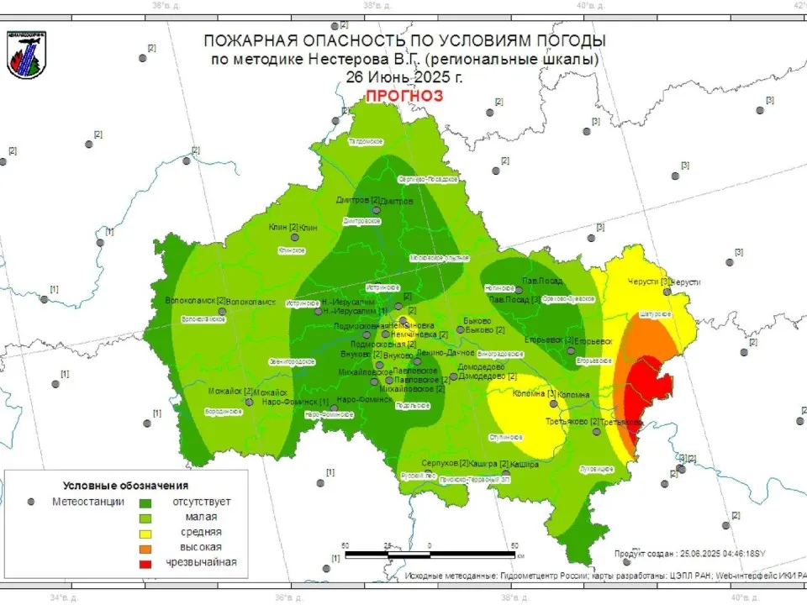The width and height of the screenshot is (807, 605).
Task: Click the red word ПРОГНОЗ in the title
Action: click(403, 96)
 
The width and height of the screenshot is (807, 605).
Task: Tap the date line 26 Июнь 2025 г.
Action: click(403, 76)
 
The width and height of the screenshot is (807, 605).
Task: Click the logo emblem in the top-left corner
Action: click(27, 55)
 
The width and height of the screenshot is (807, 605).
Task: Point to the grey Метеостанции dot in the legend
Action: click(31, 502)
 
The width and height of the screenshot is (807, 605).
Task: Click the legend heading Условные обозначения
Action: click(125, 486)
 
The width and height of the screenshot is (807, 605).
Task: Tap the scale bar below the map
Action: click(430, 555)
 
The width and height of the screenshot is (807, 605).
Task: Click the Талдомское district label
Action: click(366, 141)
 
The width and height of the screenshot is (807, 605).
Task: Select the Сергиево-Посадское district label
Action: click(427, 179)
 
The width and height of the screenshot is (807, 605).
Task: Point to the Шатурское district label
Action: click(656, 314)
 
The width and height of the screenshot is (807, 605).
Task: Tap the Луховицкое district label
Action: click(597, 468)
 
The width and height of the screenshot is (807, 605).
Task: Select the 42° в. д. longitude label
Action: click(796, 5)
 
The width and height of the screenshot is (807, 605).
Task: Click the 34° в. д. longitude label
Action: click(64, 598)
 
